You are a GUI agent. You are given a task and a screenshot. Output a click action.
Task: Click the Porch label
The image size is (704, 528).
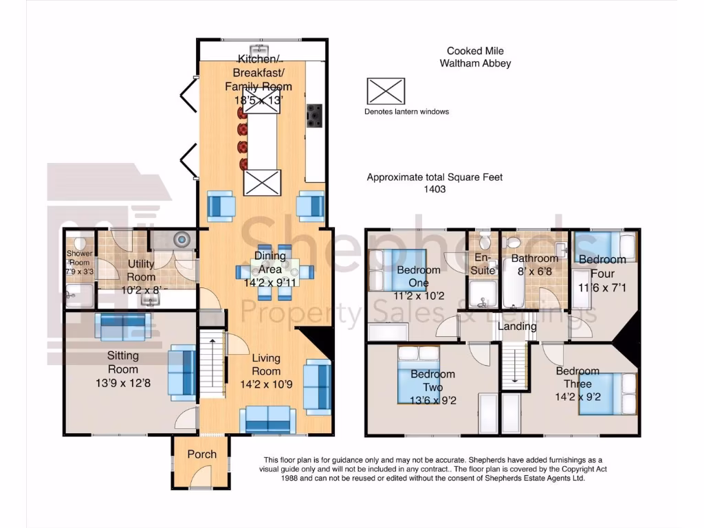201,454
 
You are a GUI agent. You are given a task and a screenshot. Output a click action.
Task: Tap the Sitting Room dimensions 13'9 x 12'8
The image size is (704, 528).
123,384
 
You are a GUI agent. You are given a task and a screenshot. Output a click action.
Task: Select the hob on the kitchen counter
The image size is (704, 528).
314,115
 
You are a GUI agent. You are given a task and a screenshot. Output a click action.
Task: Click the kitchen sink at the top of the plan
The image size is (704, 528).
259,49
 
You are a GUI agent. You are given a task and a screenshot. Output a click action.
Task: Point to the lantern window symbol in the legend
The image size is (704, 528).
386,91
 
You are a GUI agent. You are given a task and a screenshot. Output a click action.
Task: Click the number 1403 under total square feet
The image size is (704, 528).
434,189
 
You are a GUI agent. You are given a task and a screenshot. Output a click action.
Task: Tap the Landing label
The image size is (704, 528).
517,327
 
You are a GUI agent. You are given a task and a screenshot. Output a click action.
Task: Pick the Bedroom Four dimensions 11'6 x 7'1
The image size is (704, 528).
602,287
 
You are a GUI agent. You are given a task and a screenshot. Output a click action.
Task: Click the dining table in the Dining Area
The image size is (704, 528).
275,272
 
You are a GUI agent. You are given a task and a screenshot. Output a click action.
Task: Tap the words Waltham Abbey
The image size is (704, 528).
475,63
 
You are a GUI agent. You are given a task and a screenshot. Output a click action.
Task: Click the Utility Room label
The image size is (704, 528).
141,270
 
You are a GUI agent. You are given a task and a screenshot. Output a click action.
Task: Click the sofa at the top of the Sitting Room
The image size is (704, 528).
122,327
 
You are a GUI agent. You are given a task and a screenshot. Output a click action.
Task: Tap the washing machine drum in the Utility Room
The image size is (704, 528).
181,239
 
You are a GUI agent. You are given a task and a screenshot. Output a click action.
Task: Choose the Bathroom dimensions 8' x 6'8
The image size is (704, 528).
534,271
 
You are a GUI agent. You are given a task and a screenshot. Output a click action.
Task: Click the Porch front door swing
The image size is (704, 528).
201,477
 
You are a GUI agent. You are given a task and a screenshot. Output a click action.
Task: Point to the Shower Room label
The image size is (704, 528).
80,258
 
